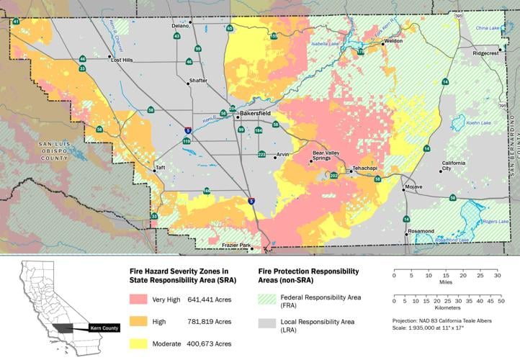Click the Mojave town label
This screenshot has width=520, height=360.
tap(414, 187)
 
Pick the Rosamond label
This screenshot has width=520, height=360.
tap(421, 231)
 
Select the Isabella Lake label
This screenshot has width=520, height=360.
tap(323, 43)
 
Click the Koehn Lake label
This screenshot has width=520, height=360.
tap(477, 123)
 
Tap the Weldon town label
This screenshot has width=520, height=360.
tap(393, 42)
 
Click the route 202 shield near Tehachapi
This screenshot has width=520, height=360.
tap(333, 176)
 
